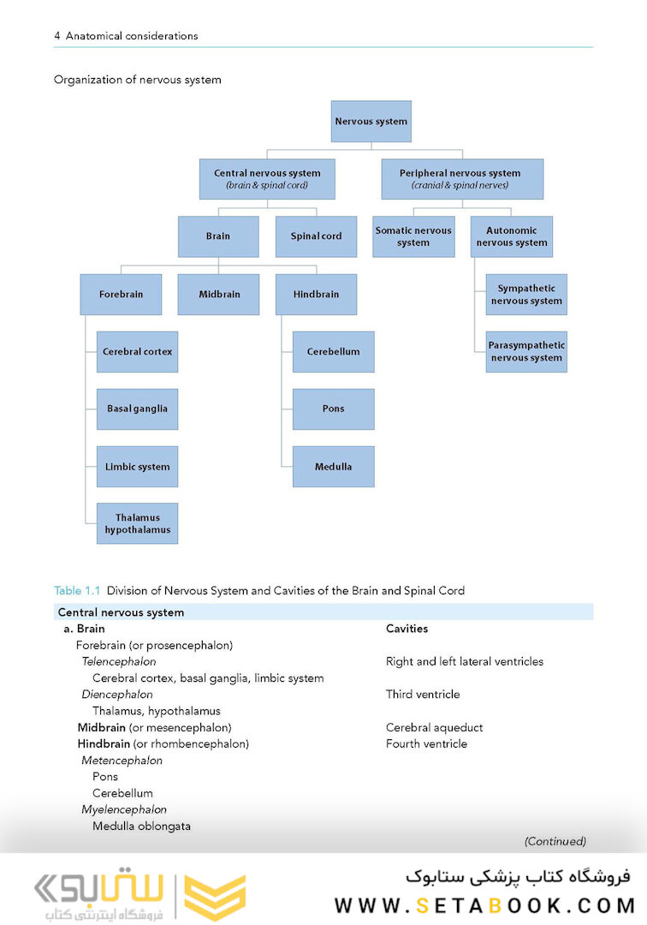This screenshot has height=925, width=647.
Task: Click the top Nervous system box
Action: tap(371, 122)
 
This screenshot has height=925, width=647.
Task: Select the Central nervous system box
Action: tap(267, 179)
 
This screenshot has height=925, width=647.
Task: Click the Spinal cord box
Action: tap(316, 236)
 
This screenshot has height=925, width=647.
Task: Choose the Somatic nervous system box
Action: tap(413, 236)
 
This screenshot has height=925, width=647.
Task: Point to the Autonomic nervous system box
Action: tap(512, 236)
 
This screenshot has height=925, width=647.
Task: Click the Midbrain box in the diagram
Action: tap(218, 295)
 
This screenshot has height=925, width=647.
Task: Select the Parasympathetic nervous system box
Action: tap(526, 352)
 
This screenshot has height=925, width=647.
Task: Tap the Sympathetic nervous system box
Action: tap(526, 295)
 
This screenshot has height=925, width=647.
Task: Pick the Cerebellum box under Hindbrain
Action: tap(333, 352)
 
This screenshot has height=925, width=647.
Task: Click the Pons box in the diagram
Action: tap(333, 409)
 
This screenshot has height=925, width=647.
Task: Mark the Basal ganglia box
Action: tap(137, 409)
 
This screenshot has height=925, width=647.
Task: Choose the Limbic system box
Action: tap(137, 467)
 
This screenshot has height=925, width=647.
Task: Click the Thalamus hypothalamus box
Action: tap(137, 524)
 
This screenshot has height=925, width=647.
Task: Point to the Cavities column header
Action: tap(407, 629)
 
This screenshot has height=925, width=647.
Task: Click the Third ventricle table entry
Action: tap(423, 695)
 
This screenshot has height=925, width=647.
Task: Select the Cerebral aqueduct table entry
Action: tap(434, 727)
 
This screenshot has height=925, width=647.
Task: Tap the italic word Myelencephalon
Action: tap(124, 809)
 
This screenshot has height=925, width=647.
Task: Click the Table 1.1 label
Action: tap(77, 590)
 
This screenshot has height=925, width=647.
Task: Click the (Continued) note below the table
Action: tap(555, 841)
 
